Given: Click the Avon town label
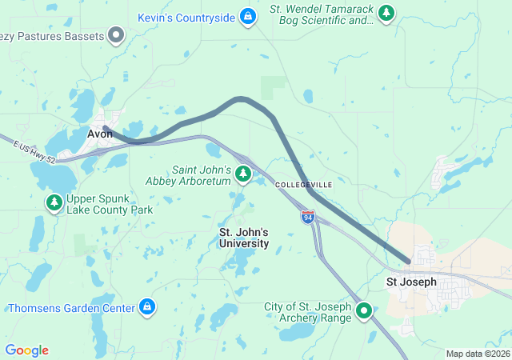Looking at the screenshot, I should point(100,134).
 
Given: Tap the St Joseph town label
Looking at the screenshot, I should point(411,282).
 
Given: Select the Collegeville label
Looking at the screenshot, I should point(303,185).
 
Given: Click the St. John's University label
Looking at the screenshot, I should point(244,238).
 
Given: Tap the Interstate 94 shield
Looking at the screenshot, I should point(308,217).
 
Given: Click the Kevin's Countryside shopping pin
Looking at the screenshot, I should point(248,16).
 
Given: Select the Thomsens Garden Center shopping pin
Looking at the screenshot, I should point(147,306).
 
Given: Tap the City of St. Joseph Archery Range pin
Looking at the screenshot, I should point(364,310).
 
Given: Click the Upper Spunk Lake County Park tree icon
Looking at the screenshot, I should point(54,202).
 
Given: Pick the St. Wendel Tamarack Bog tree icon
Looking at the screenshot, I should point(387,13).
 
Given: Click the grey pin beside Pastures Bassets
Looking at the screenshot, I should point(117,35).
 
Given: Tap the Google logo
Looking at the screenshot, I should point(26,350).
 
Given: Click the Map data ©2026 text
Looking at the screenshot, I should point(477,354).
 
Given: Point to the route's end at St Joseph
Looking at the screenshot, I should point(409,261).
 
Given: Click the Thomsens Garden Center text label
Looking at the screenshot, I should point(72,307).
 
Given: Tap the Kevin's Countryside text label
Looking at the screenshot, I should point(186,17).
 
